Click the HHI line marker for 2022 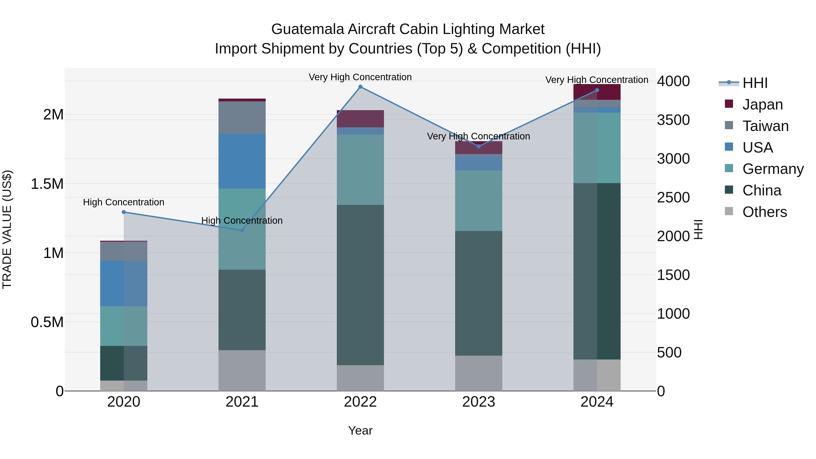coord(360,87)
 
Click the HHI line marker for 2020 coord(124,212)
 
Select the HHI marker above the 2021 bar coord(242,230)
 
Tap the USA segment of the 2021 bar coord(242,161)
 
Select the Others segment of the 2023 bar coord(479,373)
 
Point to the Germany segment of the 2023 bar coord(479,201)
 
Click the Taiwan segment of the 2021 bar coord(242,117)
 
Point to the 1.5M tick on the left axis coord(47,184)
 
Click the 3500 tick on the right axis coord(673,120)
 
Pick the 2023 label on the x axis coord(479,402)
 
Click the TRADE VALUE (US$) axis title coord(7,229)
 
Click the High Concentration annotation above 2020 coord(124,202)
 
